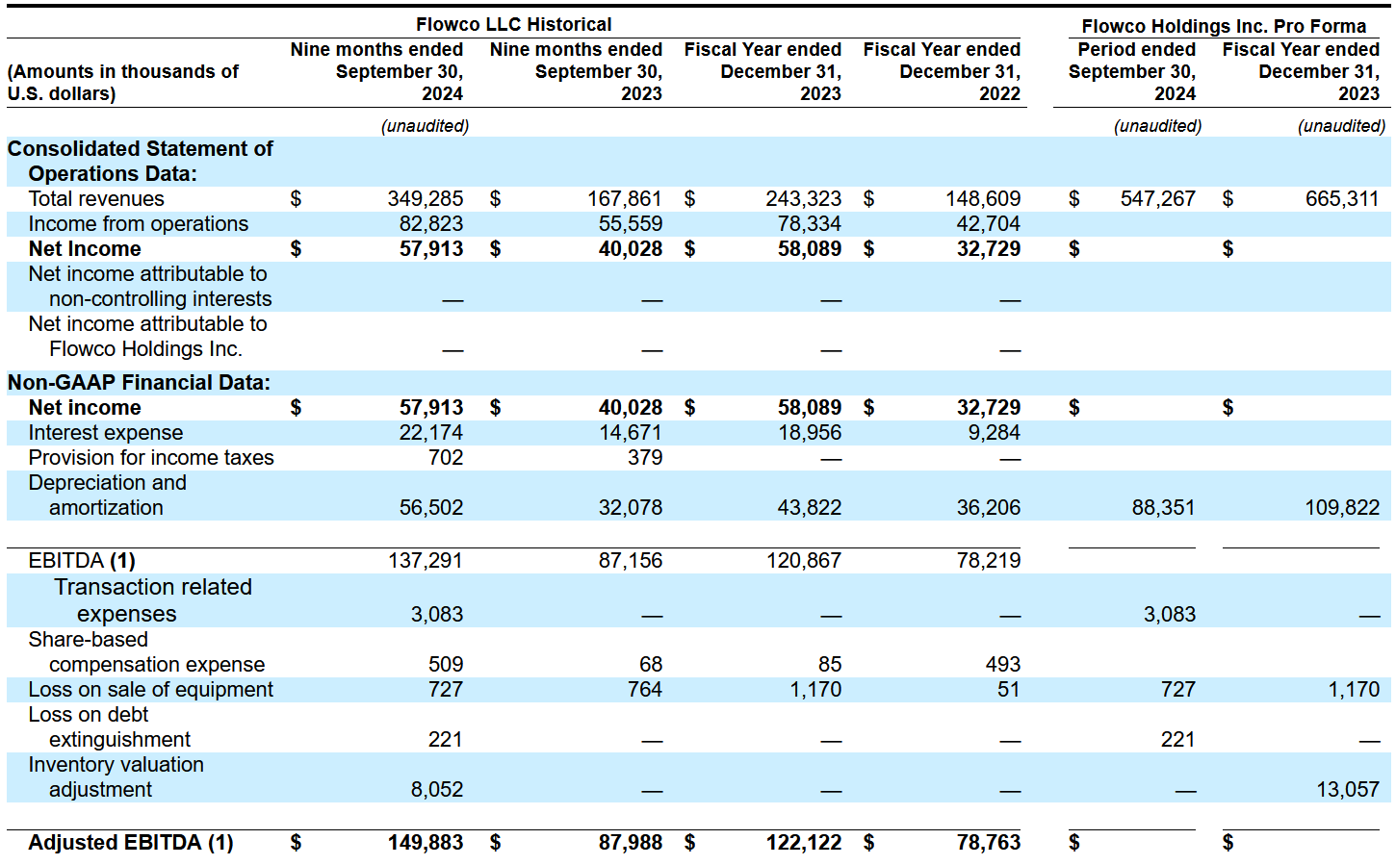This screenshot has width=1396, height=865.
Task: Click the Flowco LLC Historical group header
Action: (x=513, y=24)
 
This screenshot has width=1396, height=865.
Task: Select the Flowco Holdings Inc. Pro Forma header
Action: (x=1224, y=26)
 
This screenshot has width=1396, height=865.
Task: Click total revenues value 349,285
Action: (x=425, y=198)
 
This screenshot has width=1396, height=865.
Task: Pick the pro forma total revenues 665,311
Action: (x=1341, y=198)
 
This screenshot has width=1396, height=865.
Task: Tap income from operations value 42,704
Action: (x=989, y=223)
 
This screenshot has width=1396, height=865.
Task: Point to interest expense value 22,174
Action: (x=431, y=432)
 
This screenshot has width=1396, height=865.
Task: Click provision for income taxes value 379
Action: (x=644, y=457)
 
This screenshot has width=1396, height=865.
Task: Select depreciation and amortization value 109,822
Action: (x=1342, y=507)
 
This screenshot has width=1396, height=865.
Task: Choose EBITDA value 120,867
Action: (x=803, y=561)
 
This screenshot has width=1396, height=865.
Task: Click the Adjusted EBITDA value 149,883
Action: (x=425, y=843)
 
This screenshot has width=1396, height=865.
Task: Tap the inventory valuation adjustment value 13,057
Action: (x=1348, y=789)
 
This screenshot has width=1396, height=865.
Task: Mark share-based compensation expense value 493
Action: (x=1003, y=664)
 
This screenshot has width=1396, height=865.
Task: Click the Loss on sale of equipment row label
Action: (x=150, y=689)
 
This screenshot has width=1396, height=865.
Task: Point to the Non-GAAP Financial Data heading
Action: (x=139, y=382)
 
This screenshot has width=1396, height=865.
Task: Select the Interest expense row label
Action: (x=105, y=432)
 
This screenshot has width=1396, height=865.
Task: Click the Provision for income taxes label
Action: (x=151, y=457)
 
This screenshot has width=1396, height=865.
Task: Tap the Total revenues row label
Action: (x=96, y=198)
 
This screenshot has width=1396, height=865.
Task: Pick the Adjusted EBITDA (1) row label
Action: (x=131, y=843)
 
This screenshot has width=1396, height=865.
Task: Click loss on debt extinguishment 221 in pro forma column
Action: (x=1177, y=739)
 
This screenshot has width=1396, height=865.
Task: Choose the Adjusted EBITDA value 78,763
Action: (x=989, y=843)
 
